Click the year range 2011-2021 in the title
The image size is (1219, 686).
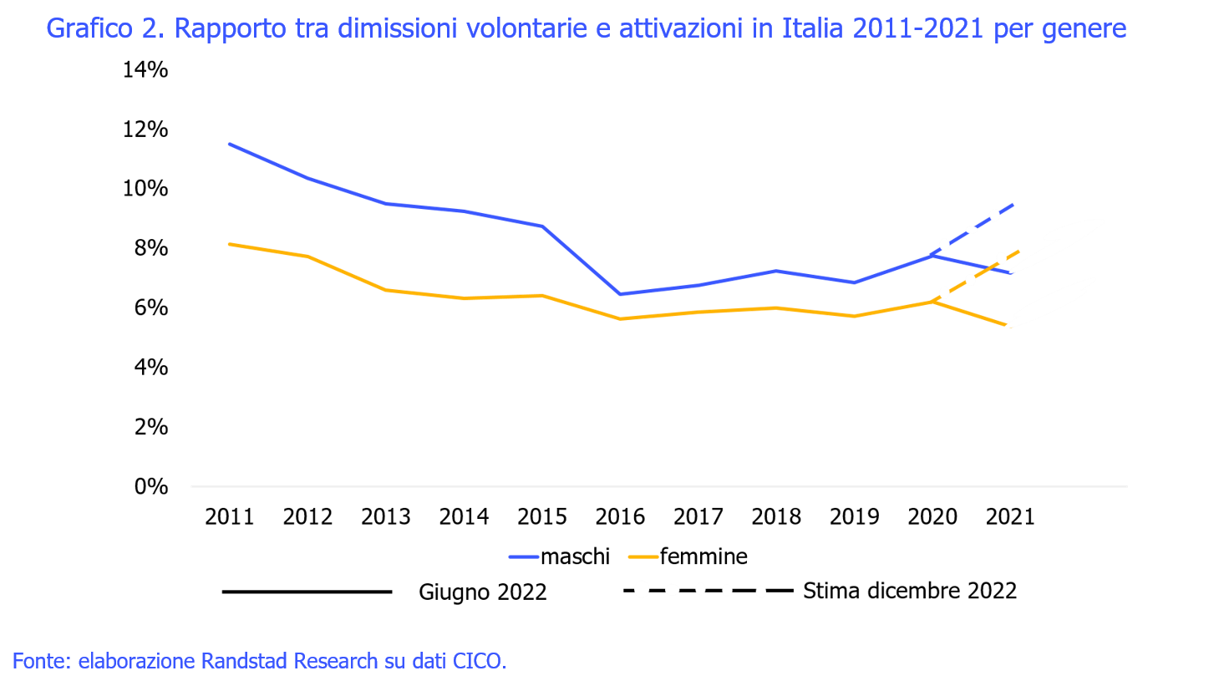pyautogui.click(x=919, y=29)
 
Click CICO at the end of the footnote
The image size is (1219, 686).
pyautogui.click(x=478, y=661)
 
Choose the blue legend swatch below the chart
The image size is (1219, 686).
pyautogui.click(x=524, y=556)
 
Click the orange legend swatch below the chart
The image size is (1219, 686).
pyautogui.click(x=643, y=556)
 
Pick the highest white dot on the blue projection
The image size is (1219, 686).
pyautogui.click(x=994, y=215)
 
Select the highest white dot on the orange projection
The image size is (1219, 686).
pyautogui.click(x=1002, y=258)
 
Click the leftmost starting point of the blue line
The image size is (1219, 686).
pyautogui.click(x=230, y=144)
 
